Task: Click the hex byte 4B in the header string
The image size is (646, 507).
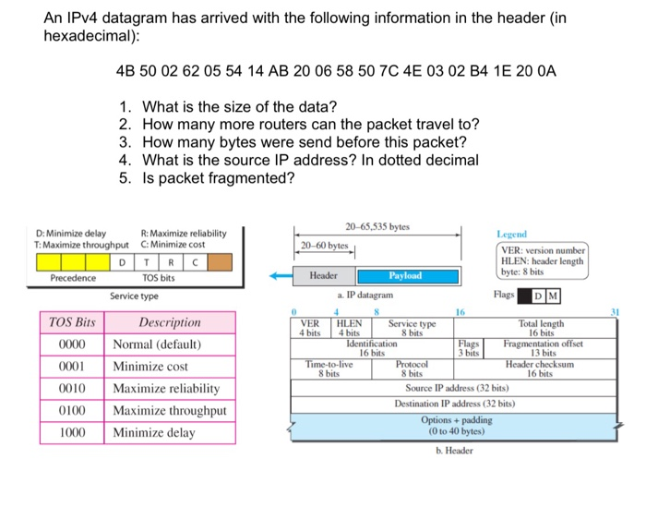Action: pyautogui.click(x=126, y=71)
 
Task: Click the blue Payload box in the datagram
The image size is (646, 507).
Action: pyautogui.click(x=405, y=275)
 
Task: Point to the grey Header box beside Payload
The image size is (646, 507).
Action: pyautogui.click(x=322, y=275)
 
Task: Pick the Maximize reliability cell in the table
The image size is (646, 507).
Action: pyautogui.click(x=166, y=388)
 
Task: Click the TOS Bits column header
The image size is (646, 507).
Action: pyautogui.click(x=71, y=322)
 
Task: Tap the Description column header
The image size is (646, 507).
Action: pyautogui.click(x=169, y=322)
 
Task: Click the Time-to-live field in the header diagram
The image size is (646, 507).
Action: pyautogui.click(x=329, y=368)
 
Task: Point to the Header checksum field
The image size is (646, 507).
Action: pyautogui.click(x=541, y=368)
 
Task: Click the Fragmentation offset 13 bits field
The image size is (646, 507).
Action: pyautogui.click(x=542, y=347)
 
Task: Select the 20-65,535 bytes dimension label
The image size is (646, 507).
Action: pyautogui.click(x=378, y=226)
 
